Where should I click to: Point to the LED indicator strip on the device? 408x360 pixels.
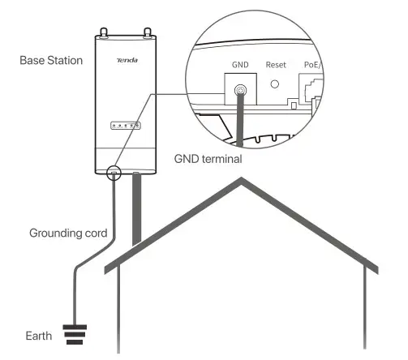(x=126, y=125)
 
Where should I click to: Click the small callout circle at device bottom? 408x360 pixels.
(x=114, y=172)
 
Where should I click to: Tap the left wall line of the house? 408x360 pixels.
(x=119, y=312)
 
